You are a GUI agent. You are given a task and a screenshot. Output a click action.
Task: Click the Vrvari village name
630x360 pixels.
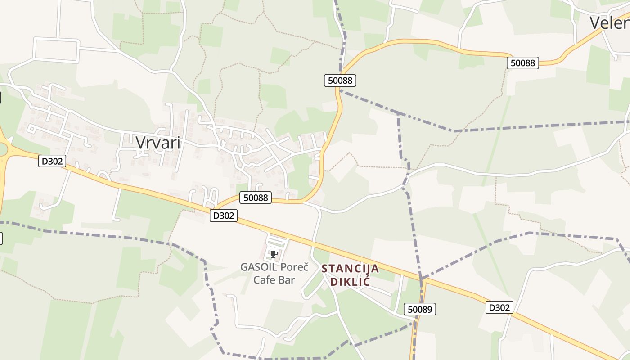coord(158,143)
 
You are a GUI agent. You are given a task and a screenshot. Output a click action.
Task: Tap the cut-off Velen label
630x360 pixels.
coord(609,22)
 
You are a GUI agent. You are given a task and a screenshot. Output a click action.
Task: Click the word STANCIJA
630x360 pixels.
coord(350,269)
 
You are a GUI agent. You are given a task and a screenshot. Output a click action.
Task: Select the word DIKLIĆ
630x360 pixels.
coord(350,282)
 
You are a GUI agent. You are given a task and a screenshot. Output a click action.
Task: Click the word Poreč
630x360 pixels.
coord(294,267)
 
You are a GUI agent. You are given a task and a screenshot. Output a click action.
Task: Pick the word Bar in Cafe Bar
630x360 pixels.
coord(286,280)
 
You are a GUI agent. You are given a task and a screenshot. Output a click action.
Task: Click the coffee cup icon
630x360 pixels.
coord(274,254)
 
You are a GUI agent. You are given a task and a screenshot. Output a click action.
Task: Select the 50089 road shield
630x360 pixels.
coord(420,309)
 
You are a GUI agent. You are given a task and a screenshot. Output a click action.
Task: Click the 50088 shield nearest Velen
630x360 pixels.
coord(523,63)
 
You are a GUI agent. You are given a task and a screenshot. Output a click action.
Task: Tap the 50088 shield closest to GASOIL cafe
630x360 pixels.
coord(256,198)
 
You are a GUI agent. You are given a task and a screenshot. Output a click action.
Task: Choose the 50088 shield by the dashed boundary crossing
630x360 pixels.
coord(340,81)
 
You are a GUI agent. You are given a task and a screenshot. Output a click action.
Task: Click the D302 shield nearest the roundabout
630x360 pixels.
coord(52,161)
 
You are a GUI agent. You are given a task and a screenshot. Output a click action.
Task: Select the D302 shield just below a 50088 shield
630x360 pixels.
coord(224,216)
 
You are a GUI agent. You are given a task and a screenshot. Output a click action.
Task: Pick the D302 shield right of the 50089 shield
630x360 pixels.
coord(499,308)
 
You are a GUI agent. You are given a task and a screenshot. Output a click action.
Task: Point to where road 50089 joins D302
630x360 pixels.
coord(423,280)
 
